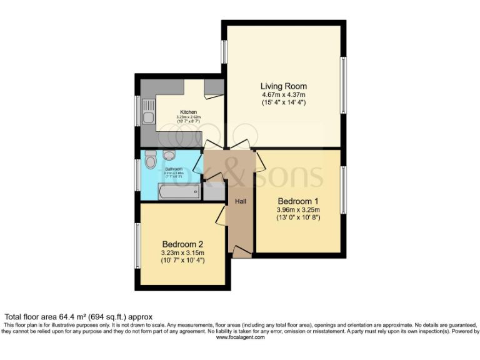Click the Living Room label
point(283,86)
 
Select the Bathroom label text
point(173,169)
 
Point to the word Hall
point(240,201)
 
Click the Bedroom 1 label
point(298,201)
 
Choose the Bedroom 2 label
point(182,244)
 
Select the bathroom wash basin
point(169,155)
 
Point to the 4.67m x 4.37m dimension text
point(283,94)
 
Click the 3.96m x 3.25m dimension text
point(298,210)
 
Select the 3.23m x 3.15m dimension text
point(182,252)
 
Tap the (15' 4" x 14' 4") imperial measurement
point(283,102)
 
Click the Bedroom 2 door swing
point(220,216)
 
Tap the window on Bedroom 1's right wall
point(343,190)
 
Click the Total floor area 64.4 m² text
point(79,317)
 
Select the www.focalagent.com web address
point(240,337)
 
